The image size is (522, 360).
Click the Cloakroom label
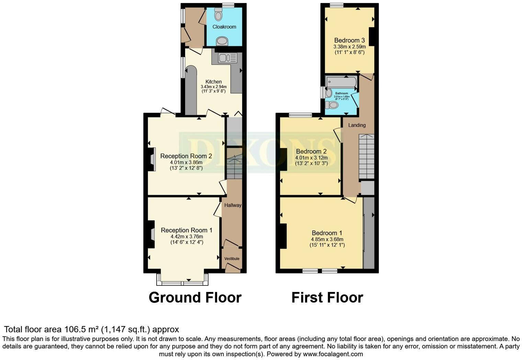tap(224, 27)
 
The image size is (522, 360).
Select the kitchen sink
tap(224, 58)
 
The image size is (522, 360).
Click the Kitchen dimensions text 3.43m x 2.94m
tap(213, 87)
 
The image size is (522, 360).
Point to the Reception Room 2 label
tap(186, 156)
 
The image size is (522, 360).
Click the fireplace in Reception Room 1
tap(151, 234)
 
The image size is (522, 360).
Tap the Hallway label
tap(232, 205)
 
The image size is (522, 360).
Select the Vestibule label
tap(232, 259)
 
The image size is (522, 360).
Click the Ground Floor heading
tap(195, 297)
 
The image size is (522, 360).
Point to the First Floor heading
tap(327, 297)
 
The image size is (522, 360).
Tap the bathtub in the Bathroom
tap(341, 82)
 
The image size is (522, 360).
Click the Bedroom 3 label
tap(349, 40)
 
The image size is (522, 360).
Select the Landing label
tap(357, 125)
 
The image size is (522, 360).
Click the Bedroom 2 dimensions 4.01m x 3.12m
tap(311, 158)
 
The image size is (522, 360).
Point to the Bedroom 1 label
tap(327, 233)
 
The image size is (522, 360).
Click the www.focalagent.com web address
tap(333, 354)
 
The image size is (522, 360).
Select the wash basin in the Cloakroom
tap(222, 42)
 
